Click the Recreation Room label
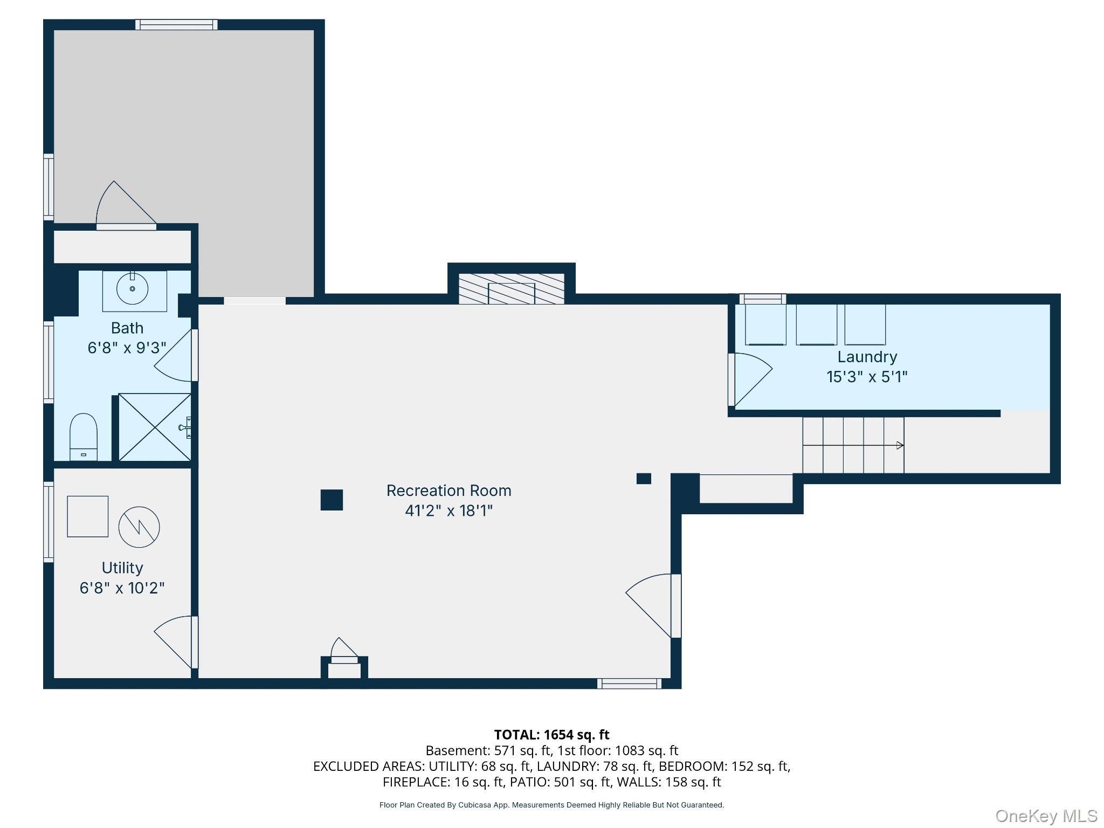pyautogui.click(x=448, y=491)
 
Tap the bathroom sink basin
pyautogui.click(x=132, y=289)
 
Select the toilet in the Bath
pyautogui.click(x=84, y=437)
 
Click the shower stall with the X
pyautogui.click(x=155, y=427)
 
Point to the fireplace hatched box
pyautogui.click(x=511, y=288)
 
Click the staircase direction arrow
pyautogui.click(x=853, y=445)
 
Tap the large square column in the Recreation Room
pyautogui.click(x=332, y=500)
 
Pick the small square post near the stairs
pyautogui.click(x=644, y=478)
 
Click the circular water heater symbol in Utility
pyautogui.click(x=139, y=527)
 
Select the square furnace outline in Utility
pyautogui.click(x=87, y=516)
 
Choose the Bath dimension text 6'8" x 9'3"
pyautogui.click(x=127, y=348)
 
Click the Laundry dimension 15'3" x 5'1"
pyautogui.click(x=867, y=376)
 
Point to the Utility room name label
pyautogui.click(x=122, y=568)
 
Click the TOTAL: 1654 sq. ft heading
pyautogui.click(x=551, y=734)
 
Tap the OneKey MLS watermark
pyautogui.click(x=1046, y=816)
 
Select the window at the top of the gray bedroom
pyautogui.click(x=176, y=24)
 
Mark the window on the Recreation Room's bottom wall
pyautogui.click(x=629, y=684)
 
